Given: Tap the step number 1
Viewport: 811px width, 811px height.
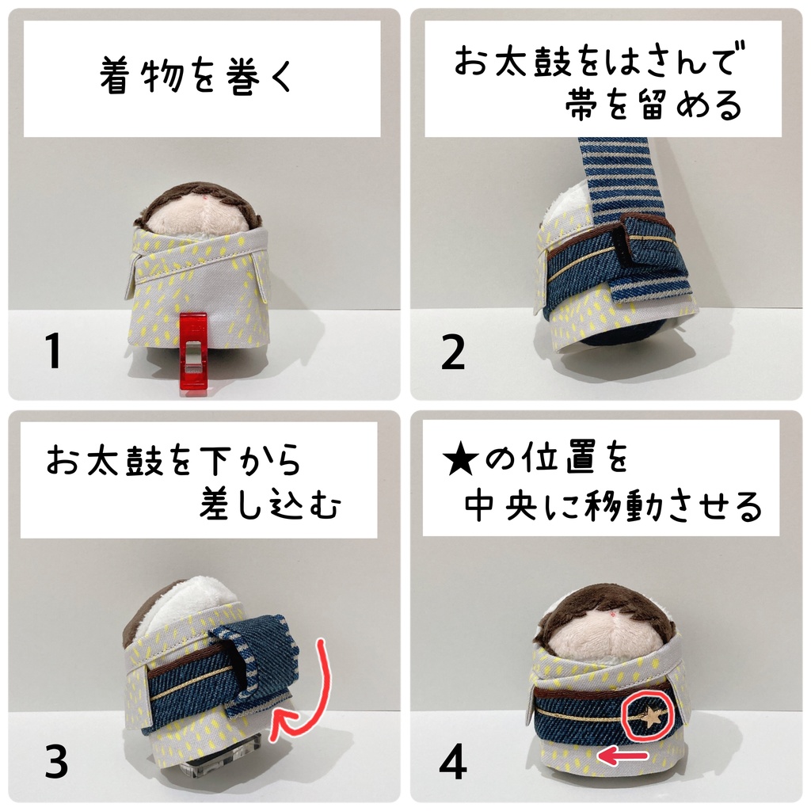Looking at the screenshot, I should pyautogui.click(x=52, y=352).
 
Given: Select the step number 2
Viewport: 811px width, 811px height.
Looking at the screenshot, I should pyautogui.click(x=453, y=353).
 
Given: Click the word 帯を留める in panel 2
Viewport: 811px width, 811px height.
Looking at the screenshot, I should pyautogui.click(x=653, y=105).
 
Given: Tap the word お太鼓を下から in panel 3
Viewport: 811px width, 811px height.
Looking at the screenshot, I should pyautogui.click(x=173, y=461).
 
